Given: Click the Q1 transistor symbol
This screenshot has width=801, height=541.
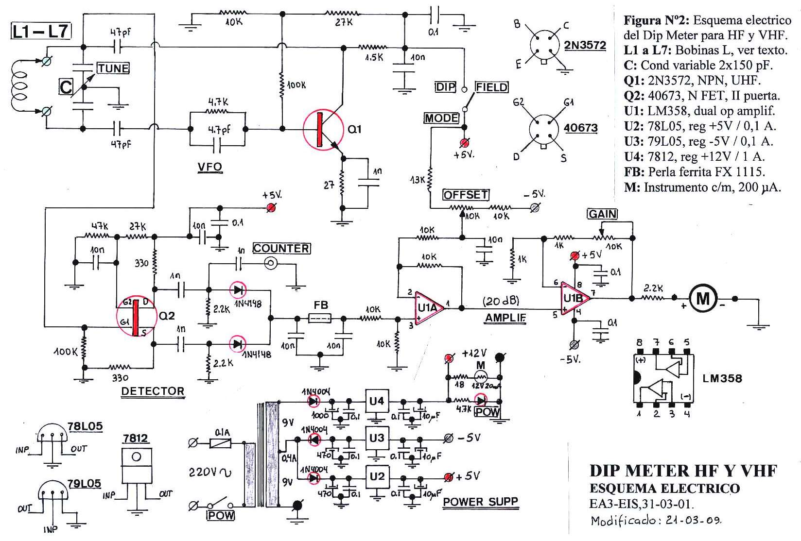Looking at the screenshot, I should click(x=322, y=129).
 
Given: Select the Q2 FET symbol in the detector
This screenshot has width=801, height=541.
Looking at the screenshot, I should click(x=136, y=318).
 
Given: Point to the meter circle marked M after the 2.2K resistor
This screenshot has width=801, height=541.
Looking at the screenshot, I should click(x=703, y=299).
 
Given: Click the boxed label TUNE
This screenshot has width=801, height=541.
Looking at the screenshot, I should click(x=113, y=68).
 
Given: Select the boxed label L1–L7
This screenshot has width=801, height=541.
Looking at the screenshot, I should click(x=40, y=32).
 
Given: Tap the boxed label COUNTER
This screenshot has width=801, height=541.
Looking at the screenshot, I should click(x=281, y=248).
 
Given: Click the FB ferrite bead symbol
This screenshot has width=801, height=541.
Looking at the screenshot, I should click(x=321, y=318).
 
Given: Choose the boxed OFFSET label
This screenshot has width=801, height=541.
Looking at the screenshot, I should click(x=466, y=195).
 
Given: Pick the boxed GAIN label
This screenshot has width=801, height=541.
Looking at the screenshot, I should click(x=602, y=214).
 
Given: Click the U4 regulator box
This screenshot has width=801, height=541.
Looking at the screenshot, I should click(x=377, y=401).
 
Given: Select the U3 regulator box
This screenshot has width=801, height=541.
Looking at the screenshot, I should click(x=377, y=439).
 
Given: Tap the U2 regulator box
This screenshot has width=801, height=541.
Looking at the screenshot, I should click(x=377, y=476).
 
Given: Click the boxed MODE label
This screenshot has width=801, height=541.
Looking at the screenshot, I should click(x=441, y=118).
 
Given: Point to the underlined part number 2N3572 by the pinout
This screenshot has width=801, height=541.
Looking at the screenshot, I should click(x=585, y=46).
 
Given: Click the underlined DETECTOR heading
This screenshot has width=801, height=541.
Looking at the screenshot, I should click(x=153, y=391).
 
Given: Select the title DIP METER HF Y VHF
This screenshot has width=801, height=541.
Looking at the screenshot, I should click(x=683, y=471).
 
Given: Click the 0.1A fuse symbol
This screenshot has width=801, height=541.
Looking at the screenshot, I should click(x=220, y=442).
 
